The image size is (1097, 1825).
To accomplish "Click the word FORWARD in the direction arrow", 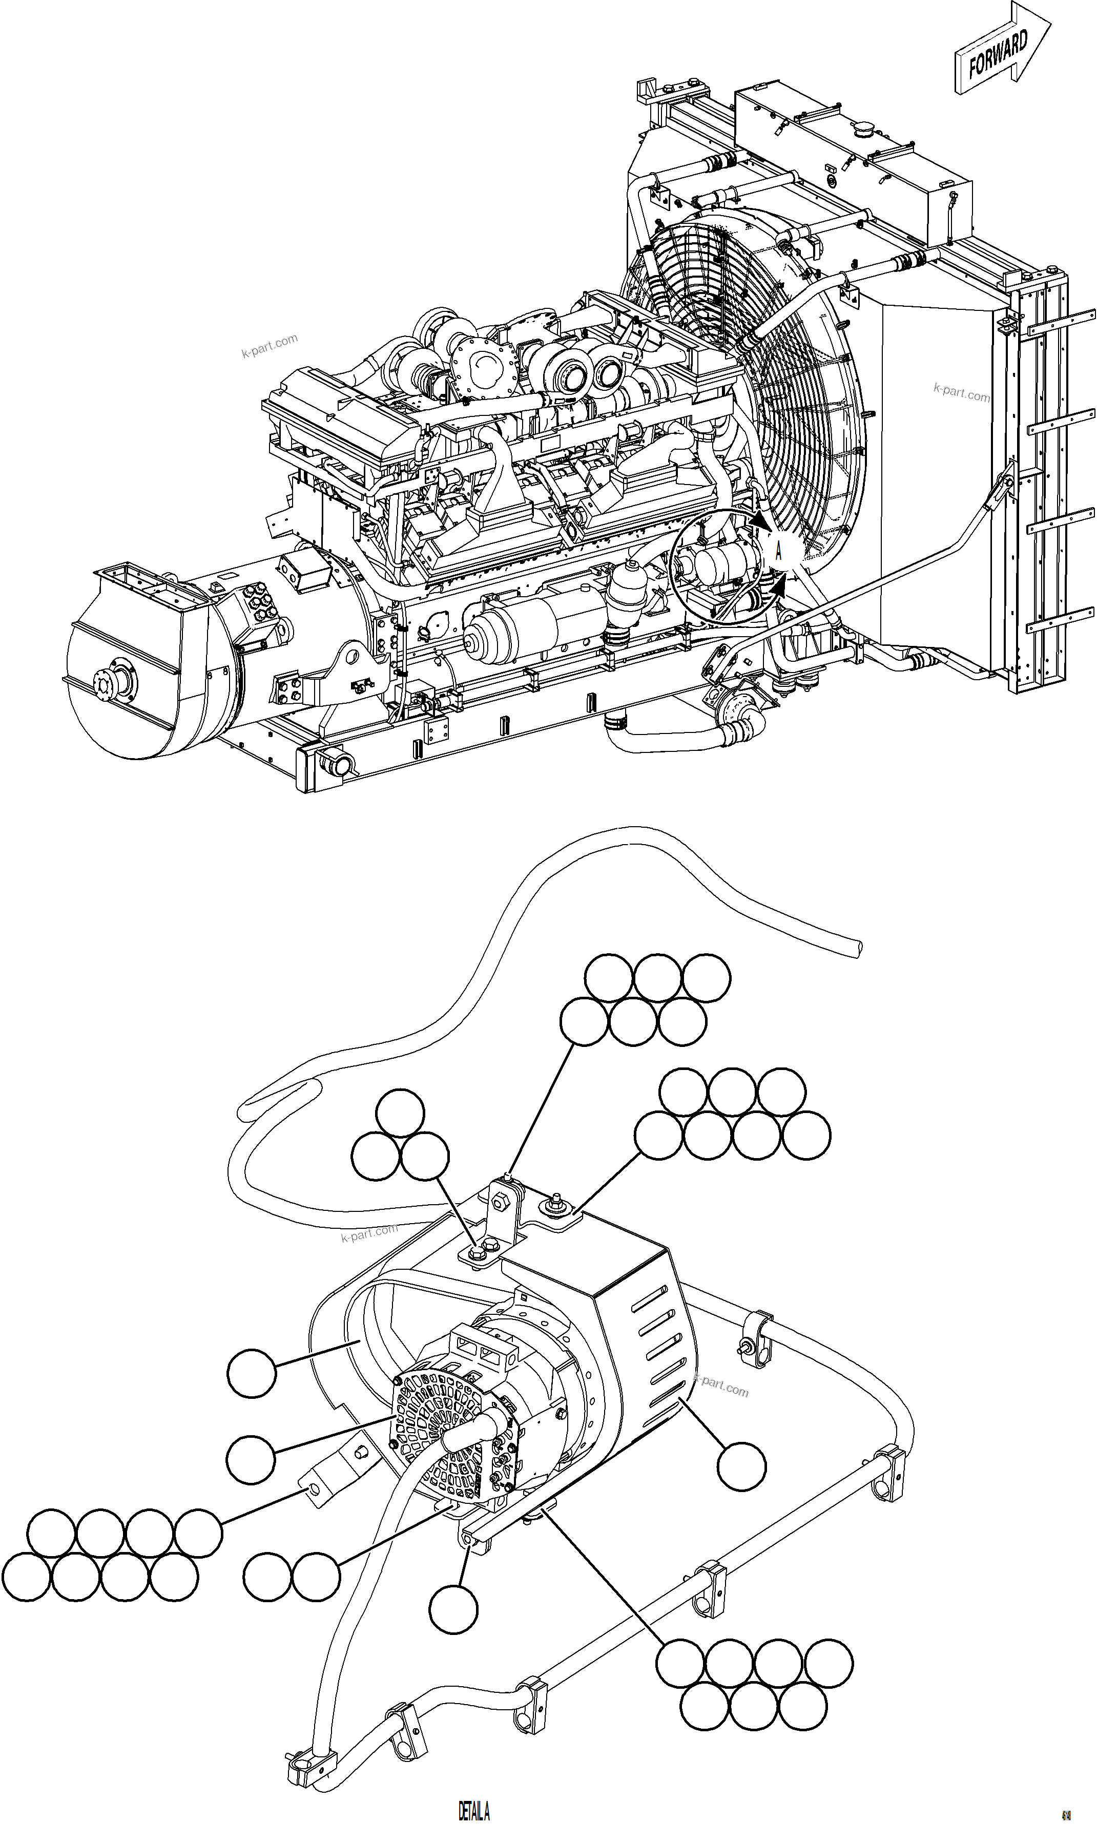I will [x=998, y=55].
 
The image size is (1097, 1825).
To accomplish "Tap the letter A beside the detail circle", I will [x=778, y=551].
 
